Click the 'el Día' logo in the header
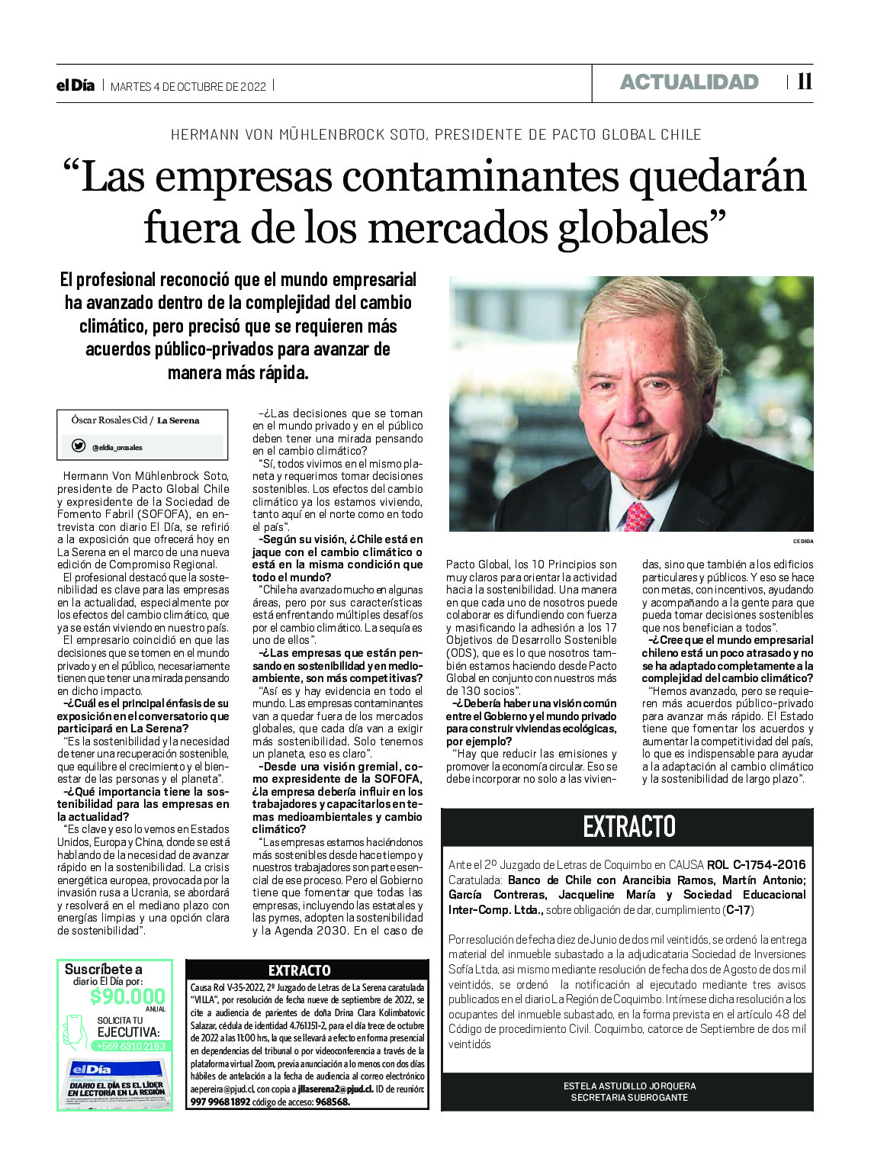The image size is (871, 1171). (76, 85)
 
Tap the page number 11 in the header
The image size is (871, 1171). (804, 82)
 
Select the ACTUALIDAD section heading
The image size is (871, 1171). (689, 82)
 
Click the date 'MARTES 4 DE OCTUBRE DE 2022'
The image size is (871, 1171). (188, 86)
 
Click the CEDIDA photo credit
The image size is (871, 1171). (803, 541)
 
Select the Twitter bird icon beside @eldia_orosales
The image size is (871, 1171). (79, 446)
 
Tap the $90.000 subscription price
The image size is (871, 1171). (127, 996)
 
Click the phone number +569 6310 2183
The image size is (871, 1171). (130, 1046)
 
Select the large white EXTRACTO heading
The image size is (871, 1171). (628, 826)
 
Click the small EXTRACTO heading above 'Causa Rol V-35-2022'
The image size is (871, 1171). (300, 970)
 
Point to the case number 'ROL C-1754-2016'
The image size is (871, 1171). (756, 865)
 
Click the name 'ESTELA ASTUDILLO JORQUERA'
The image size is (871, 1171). (629, 1086)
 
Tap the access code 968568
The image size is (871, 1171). (332, 1102)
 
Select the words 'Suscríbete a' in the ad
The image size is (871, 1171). (103, 969)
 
